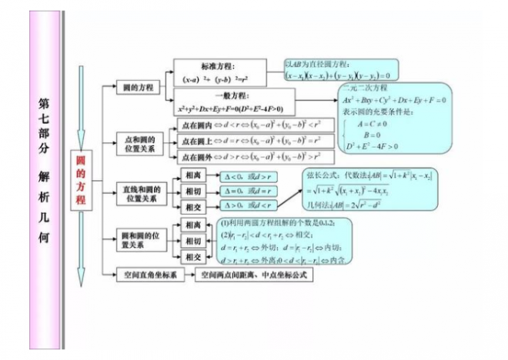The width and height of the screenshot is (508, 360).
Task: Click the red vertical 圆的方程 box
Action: tap(80, 179)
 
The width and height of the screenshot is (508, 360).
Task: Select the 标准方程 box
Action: tap(220, 72)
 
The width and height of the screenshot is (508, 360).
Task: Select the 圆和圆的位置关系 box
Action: tap(140, 238)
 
